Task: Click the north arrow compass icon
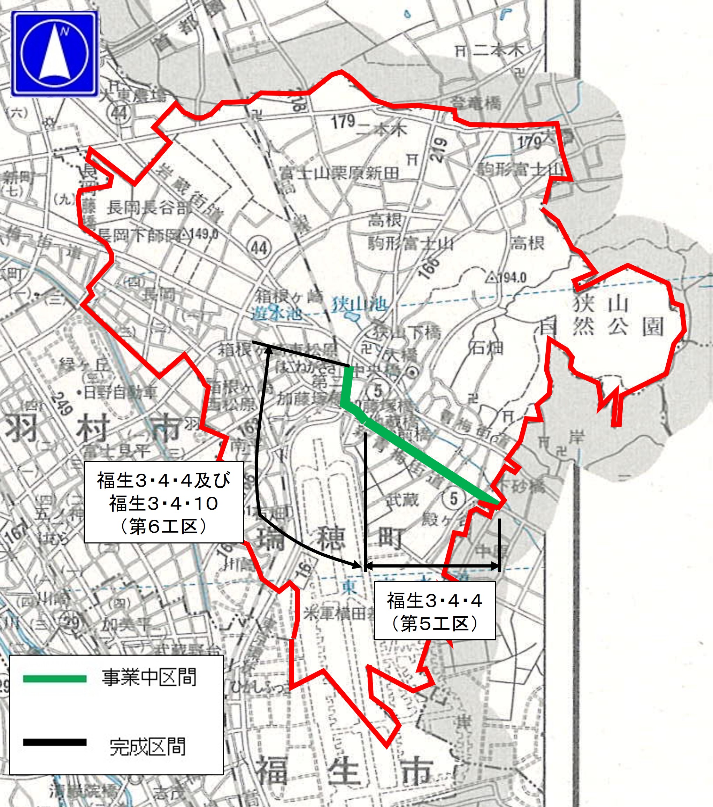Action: (54, 54)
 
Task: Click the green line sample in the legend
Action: (54, 678)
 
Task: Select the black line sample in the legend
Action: (54, 742)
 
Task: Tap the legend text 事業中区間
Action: (149, 678)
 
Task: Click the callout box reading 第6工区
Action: (163, 502)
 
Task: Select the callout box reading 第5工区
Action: (434, 610)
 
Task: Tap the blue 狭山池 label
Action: (359, 304)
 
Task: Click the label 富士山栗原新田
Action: (339, 173)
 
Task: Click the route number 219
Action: (439, 149)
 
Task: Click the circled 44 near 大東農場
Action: (119, 113)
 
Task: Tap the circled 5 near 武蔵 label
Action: (453, 498)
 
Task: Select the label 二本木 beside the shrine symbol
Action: (498, 50)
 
